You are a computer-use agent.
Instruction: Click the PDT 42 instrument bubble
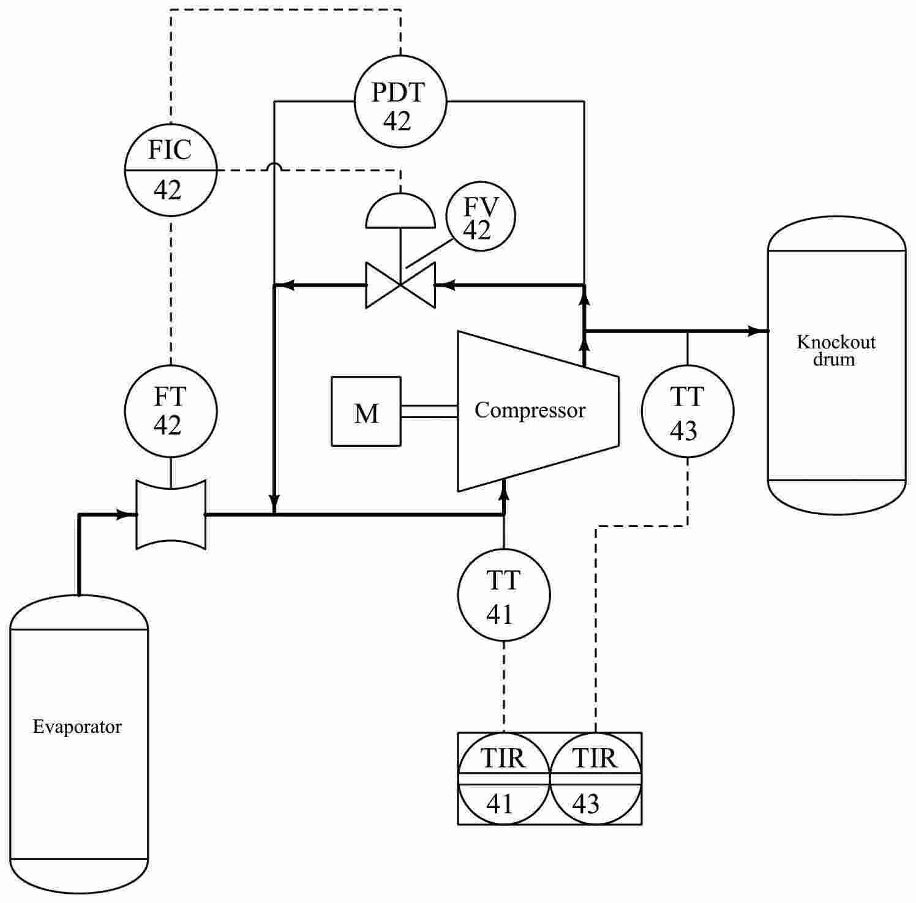pyautogui.click(x=400, y=102)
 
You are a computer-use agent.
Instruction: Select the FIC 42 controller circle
pyautogui.click(x=171, y=170)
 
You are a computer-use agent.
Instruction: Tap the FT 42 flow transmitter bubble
pyautogui.click(x=171, y=411)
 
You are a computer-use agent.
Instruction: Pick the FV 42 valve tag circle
pyautogui.click(x=480, y=217)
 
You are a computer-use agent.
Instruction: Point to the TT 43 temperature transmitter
pyautogui.click(x=687, y=411)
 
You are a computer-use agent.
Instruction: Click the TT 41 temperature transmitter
pyautogui.click(x=504, y=595)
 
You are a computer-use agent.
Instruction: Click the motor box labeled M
pyautogui.click(x=366, y=411)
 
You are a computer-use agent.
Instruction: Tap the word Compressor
pyautogui.click(x=530, y=410)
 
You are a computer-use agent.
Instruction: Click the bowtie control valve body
pyautogui.click(x=400, y=285)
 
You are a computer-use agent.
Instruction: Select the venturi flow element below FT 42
pyautogui.click(x=171, y=514)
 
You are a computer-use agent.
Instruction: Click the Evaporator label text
pyautogui.click(x=77, y=727)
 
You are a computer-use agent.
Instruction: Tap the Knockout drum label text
pyautogui.click(x=836, y=350)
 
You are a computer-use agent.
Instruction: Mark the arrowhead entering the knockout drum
pyautogui.click(x=759, y=331)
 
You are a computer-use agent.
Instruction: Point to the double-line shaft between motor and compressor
pyautogui.click(x=429, y=411)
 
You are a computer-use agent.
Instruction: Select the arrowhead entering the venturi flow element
pyautogui.click(x=127, y=514)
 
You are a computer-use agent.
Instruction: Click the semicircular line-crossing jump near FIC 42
pyautogui.click(x=274, y=167)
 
